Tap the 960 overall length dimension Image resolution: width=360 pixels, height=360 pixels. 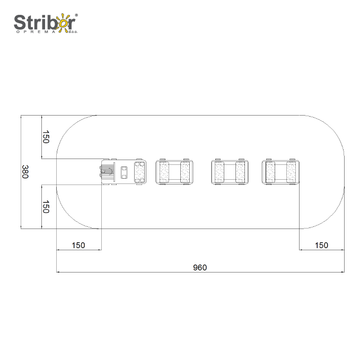200,267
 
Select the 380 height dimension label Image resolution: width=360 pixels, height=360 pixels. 25,172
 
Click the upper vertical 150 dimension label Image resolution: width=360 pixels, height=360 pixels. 46,137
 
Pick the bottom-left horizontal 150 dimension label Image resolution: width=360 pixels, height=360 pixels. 78,245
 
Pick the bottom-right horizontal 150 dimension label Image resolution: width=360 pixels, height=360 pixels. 321,245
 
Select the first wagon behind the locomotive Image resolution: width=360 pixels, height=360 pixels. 174,172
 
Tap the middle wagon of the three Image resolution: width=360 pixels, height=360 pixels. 229,172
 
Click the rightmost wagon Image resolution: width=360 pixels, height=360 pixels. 279,172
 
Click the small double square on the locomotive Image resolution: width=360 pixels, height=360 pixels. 125,172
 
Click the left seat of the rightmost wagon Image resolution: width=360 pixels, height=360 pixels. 270,172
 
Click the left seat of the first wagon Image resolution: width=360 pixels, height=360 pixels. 163,172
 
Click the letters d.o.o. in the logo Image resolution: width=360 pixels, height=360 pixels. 73,32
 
